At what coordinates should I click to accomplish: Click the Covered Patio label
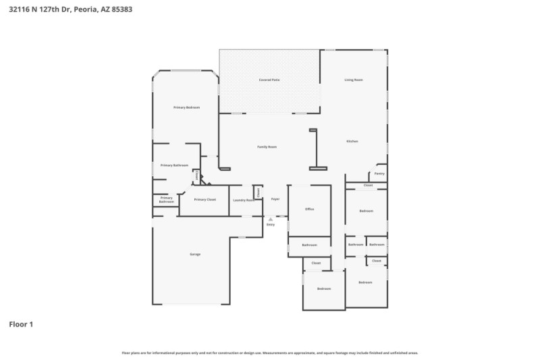tap(269, 80)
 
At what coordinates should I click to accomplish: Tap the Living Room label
tap(354, 80)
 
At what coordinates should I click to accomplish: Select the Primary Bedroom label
tap(186, 107)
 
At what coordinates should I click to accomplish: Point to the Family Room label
tap(267, 147)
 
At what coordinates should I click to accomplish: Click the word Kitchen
tap(352, 141)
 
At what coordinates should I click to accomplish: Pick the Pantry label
tap(379, 174)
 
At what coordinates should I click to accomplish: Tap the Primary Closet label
tap(205, 199)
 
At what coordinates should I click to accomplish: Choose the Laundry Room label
tap(244, 200)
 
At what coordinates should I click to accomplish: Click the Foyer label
tap(275, 199)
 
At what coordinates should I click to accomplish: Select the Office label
tap(309, 209)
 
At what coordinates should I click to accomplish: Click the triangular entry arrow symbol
tap(271, 219)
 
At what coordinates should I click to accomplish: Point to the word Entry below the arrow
tap(271, 224)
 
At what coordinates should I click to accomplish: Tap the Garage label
tap(195, 254)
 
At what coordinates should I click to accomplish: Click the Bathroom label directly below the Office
tap(309, 245)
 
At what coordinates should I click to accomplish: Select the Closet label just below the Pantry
tap(368, 185)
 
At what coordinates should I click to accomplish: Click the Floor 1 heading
tap(21, 324)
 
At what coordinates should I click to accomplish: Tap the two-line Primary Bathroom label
tap(166, 200)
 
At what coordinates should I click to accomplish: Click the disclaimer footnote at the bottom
tap(269, 353)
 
